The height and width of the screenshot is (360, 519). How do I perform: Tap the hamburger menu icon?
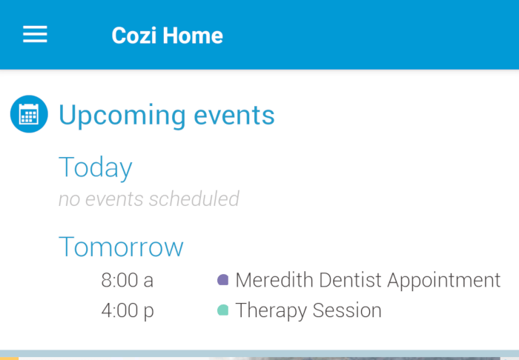click(35, 35)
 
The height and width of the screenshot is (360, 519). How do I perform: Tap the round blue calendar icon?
click(29, 115)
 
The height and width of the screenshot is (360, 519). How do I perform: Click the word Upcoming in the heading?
click(122, 116)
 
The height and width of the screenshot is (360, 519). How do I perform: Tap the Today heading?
click(95, 167)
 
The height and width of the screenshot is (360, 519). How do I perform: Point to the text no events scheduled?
click(149, 199)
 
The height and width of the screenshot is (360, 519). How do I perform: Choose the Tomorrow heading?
click(121, 247)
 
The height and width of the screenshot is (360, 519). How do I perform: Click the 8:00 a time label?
click(127, 281)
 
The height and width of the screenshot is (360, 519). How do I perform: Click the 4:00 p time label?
click(127, 310)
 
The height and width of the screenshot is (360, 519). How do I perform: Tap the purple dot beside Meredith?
click(222, 281)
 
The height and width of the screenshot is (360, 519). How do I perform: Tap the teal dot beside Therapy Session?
click(222, 310)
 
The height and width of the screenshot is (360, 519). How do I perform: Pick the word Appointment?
click(444, 281)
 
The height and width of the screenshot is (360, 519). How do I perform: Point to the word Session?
click(347, 310)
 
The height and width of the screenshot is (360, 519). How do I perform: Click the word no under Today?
click(69, 199)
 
